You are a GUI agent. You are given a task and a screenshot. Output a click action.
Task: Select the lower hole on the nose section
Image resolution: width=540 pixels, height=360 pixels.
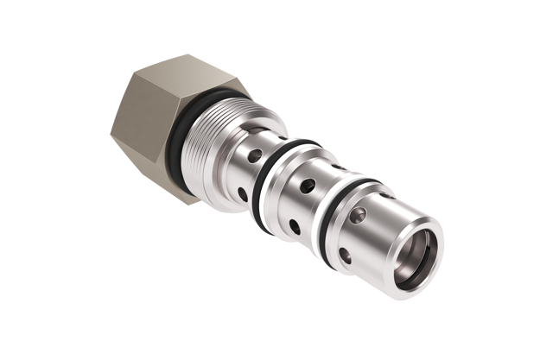(x=346, y=256)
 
